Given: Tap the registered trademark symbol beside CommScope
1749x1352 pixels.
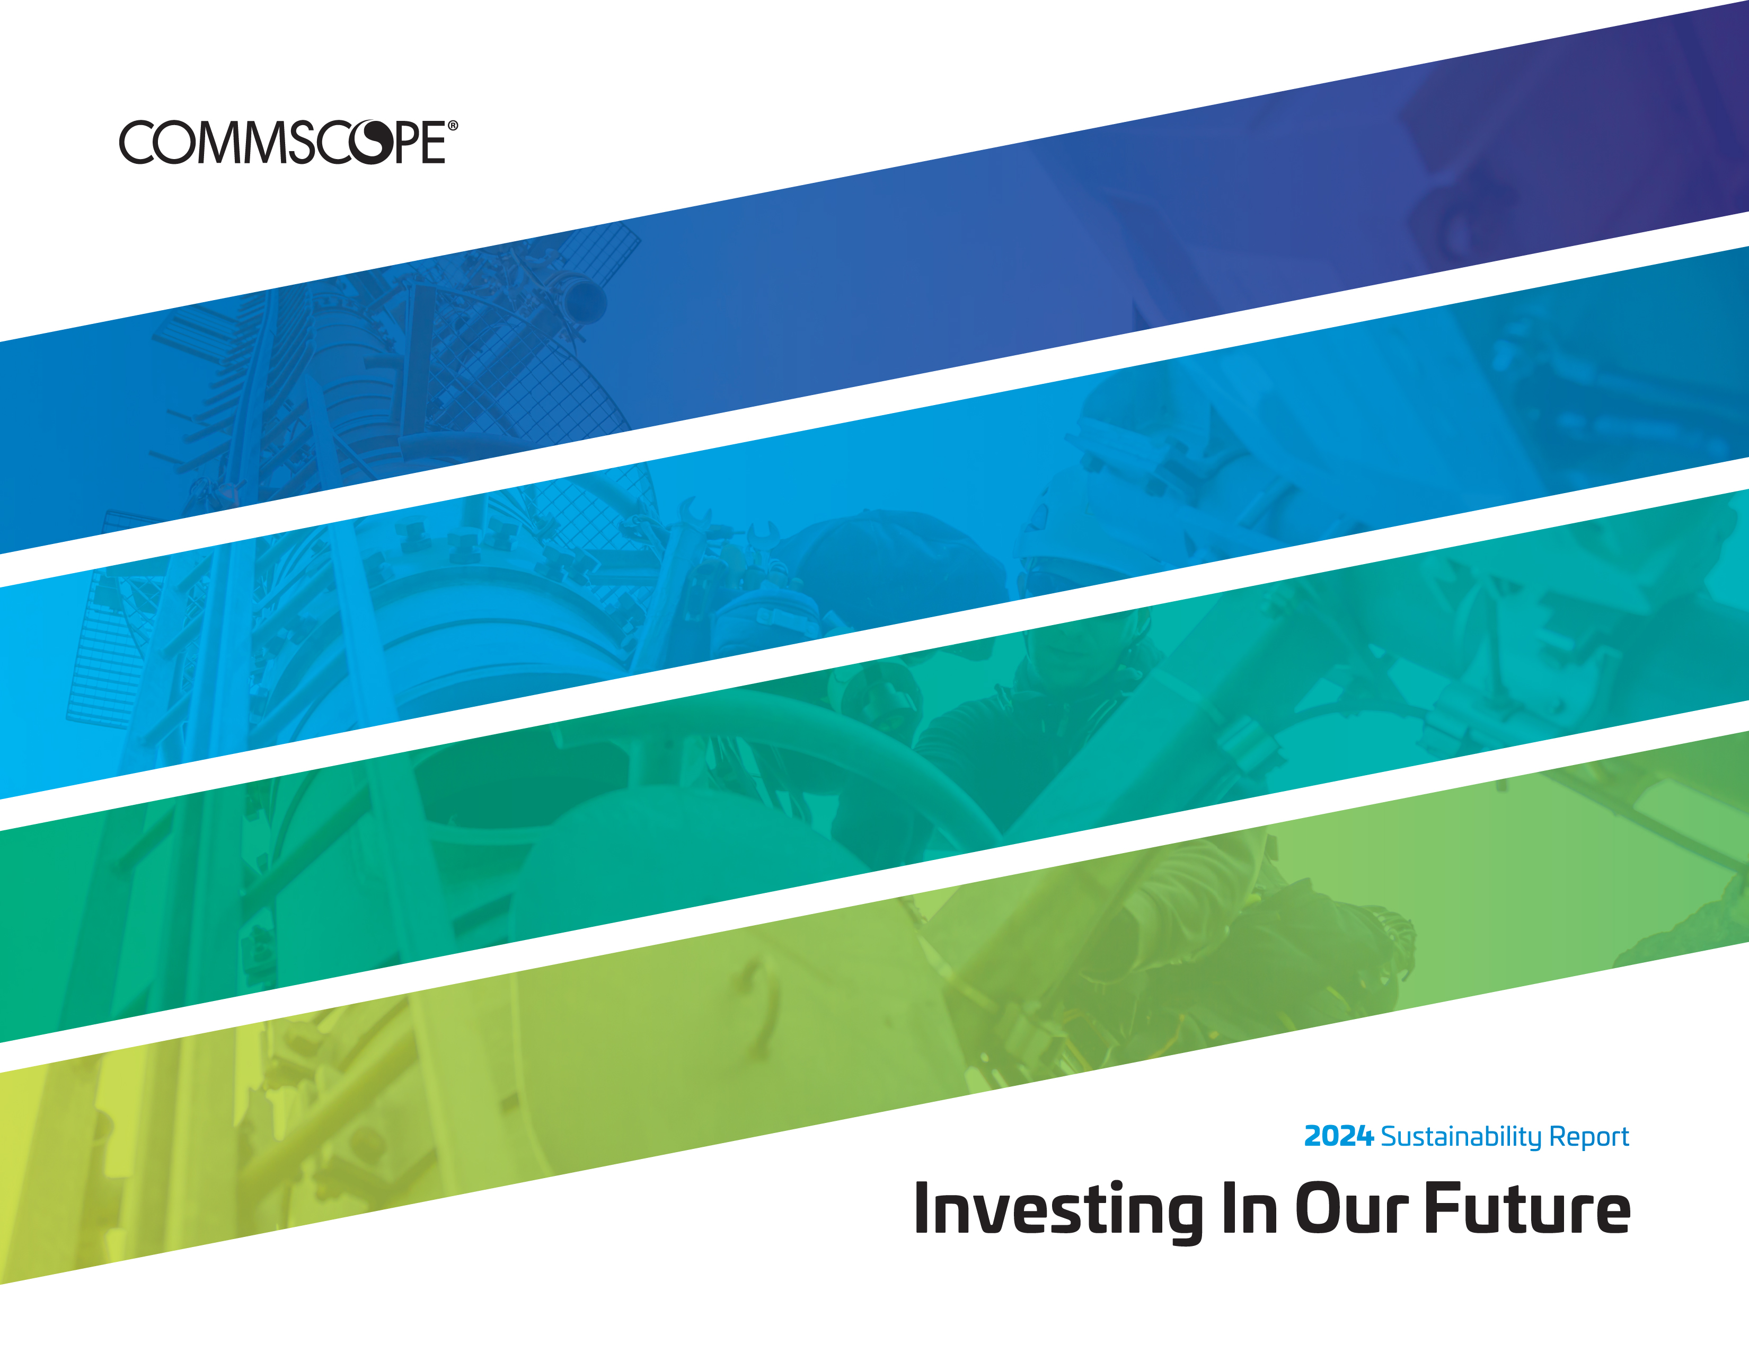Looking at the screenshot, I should [453, 126].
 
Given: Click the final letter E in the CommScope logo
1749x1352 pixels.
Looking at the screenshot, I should [433, 143].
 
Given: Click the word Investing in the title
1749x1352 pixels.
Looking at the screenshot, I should [1058, 1209].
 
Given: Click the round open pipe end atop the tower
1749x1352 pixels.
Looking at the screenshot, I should [585, 300].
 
